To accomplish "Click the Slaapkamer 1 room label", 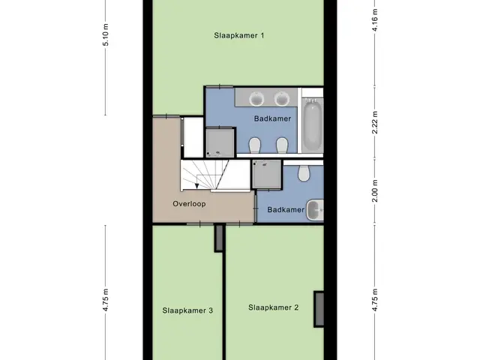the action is point(239,35).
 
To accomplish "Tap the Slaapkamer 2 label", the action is point(273,307).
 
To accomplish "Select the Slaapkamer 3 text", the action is point(187,310).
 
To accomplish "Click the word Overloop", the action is point(189,204).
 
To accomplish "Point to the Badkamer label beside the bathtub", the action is point(272,118).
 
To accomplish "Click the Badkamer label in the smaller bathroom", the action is point(286,210).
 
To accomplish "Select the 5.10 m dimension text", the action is point(106,34).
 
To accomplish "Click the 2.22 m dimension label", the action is point(375,122).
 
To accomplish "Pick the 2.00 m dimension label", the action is point(375,190).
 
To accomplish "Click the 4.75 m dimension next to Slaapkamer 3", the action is point(106,300).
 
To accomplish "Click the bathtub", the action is point(312,125).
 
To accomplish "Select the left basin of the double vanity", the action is point(256,99).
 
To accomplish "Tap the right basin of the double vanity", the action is point(282,99).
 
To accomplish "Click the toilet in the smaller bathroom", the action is point(304,173).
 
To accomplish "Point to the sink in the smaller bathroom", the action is point(315,210).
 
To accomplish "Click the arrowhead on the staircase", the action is point(196,186).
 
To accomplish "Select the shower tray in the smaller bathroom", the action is point(267,174).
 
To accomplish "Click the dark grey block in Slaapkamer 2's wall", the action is point(319,309).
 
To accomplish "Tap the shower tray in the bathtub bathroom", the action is point(220,142).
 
